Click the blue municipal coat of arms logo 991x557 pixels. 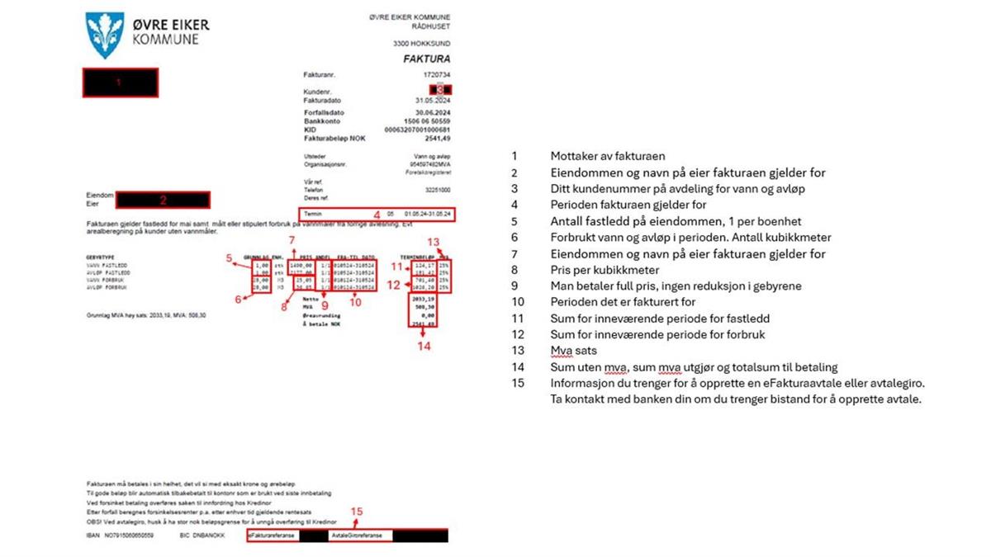(x=105, y=35)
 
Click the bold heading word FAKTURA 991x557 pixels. (x=426, y=59)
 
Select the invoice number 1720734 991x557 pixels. (x=436, y=75)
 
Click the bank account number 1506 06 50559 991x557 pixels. (x=429, y=121)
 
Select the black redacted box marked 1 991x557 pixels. (x=119, y=83)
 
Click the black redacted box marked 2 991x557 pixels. (x=164, y=199)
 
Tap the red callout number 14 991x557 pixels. (x=424, y=347)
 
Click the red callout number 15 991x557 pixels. (x=356, y=512)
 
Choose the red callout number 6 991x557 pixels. (x=238, y=299)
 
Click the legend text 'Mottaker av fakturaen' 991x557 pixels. (x=607, y=156)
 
